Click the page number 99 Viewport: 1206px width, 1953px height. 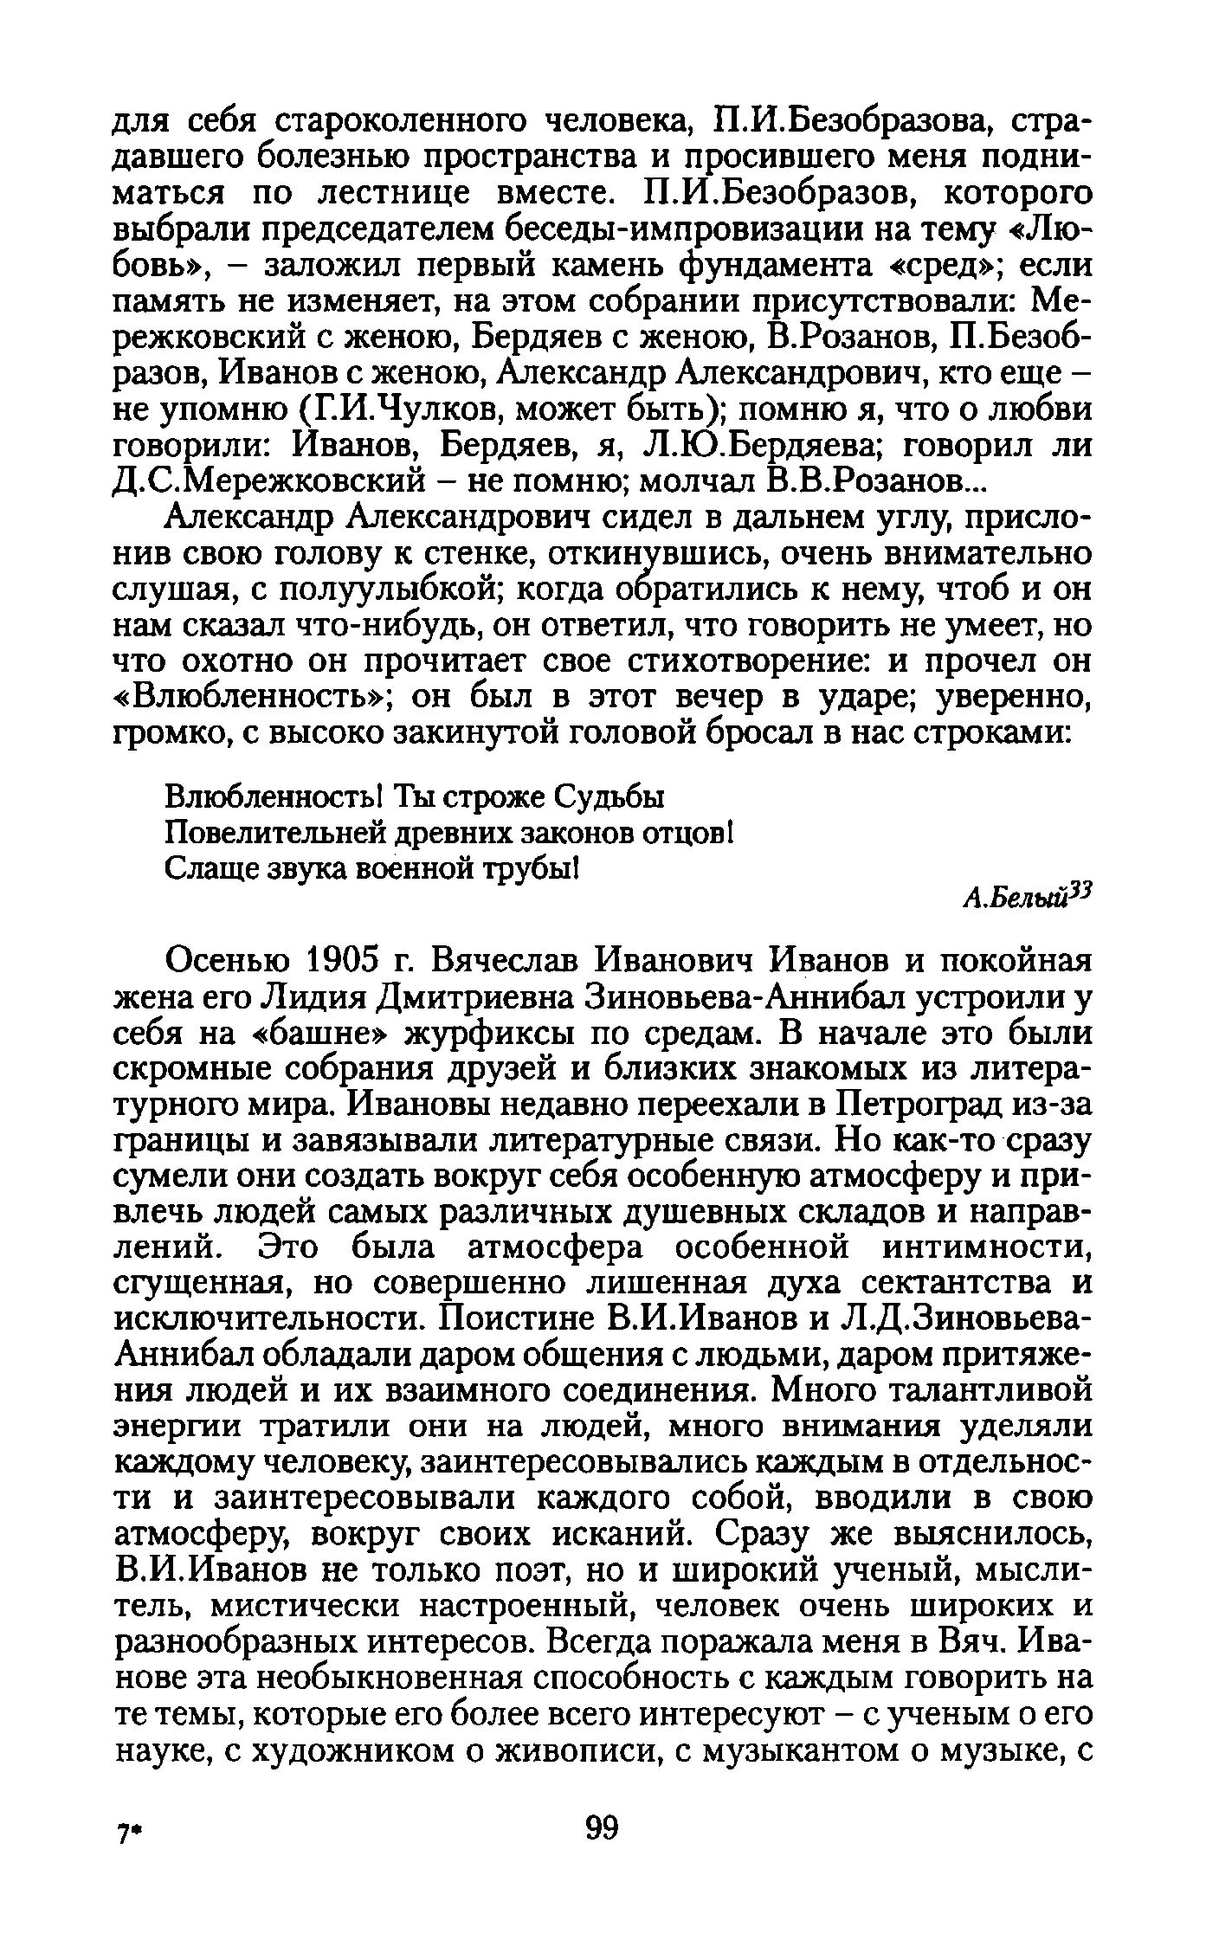pos(603,1826)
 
